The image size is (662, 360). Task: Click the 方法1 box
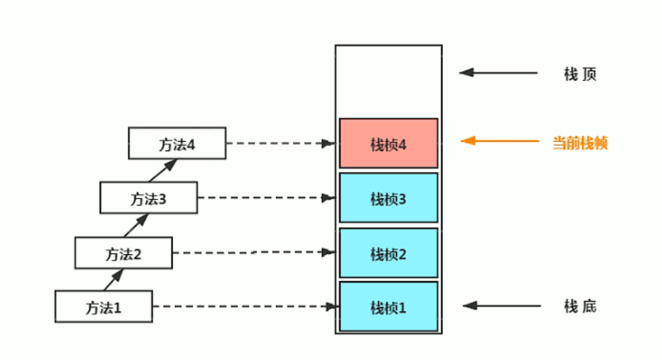point(104,306)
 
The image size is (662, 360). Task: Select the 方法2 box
point(123,253)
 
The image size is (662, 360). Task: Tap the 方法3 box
point(149,198)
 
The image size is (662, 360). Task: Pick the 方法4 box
point(177,144)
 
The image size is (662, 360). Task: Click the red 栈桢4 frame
point(389,143)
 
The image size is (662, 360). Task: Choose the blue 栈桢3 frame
point(389,198)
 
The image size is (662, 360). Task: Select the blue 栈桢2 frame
point(389,253)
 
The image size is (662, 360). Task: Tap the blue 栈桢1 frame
point(389,307)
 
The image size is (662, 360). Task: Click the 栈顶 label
point(580,74)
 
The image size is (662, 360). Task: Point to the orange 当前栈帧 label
point(580,143)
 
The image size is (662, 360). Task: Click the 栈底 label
point(580,306)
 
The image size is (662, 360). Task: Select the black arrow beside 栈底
point(503,306)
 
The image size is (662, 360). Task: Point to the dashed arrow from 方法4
point(280,144)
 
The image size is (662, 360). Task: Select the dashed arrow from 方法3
point(267,198)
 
